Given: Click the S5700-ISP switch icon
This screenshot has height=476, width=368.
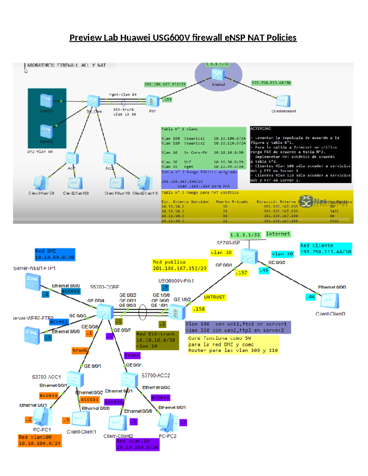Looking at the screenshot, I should tap(249, 256).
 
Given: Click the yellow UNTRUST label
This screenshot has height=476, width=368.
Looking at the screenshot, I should tap(214, 297).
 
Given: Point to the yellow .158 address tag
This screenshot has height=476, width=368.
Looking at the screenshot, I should tap(199, 309).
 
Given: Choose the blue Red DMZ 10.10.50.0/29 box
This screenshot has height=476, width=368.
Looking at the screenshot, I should tap(55, 254).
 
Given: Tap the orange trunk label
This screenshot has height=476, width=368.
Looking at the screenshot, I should tap(80, 350).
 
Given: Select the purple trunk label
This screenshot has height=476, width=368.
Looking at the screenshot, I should tap(132, 355).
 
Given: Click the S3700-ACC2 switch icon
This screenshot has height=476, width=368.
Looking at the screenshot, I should tap(129, 380).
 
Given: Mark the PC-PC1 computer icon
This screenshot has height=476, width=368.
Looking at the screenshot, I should tap(43, 417).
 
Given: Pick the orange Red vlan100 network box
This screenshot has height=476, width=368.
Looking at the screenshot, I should tap(40, 440).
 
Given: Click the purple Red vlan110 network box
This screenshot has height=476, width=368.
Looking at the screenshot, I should tap(138, 444).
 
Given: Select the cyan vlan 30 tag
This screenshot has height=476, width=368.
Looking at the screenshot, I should tap(282, 254).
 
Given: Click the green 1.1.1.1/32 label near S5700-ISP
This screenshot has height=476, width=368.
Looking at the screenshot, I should tap(245, 235).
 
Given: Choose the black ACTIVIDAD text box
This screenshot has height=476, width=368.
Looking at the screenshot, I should tap(300, 154).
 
